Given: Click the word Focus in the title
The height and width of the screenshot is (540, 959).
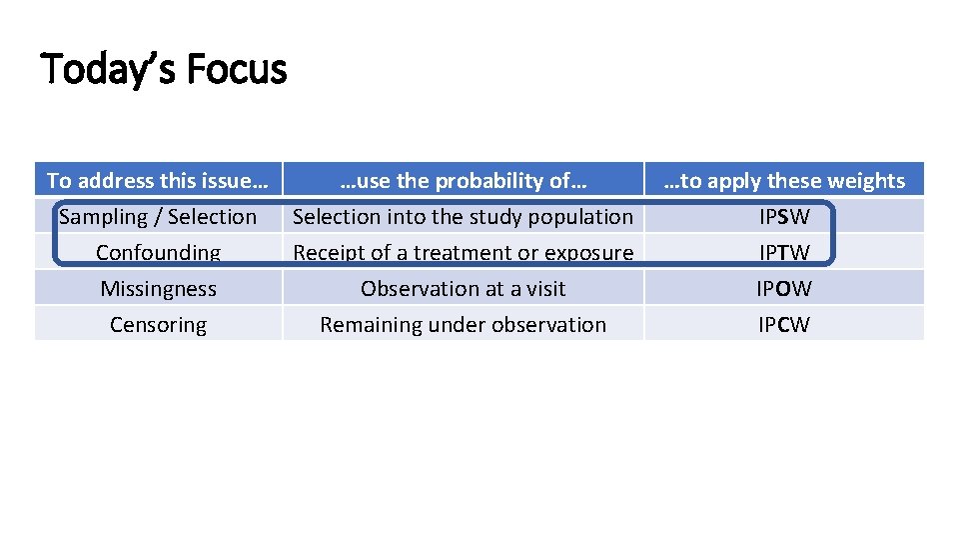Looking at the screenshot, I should click(236, 70).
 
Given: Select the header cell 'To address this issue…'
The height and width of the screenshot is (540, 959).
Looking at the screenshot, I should click(158, 181).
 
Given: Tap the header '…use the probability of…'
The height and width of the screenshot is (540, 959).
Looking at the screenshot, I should click(463, 181).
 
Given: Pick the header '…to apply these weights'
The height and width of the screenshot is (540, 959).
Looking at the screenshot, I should click(784, 181).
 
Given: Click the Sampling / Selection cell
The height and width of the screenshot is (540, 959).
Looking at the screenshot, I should click(158, 217).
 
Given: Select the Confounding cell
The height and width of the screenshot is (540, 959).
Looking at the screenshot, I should click(158, 253).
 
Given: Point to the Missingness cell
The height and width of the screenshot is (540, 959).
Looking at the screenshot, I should click(158, 289).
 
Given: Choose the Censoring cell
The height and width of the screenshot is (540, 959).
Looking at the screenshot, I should click(158, 325).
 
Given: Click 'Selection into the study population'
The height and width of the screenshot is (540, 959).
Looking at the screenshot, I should click(463, 217).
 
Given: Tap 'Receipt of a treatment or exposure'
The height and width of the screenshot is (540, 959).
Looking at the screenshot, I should click(463, 253).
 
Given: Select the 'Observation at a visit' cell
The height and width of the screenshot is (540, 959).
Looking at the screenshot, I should click(463, 289).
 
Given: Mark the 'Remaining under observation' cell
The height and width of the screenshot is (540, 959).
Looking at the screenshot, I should click(463, 325).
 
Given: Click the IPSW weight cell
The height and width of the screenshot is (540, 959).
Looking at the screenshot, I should click(784, 217).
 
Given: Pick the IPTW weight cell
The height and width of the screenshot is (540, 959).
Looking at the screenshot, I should click(784, 253).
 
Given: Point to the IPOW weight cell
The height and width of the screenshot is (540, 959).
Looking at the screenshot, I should click(784, 289).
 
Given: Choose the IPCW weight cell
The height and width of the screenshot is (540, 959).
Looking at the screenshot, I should click(784, 325).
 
